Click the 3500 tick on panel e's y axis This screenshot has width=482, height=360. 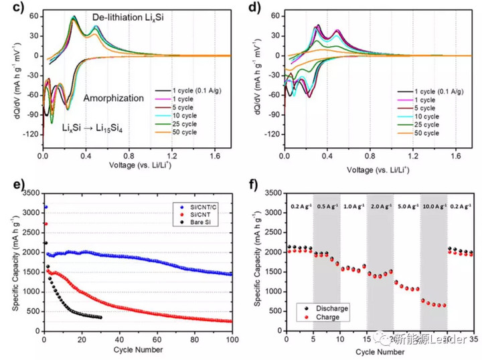coord(29,193)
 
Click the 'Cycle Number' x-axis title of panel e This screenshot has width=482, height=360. coord(138,352)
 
